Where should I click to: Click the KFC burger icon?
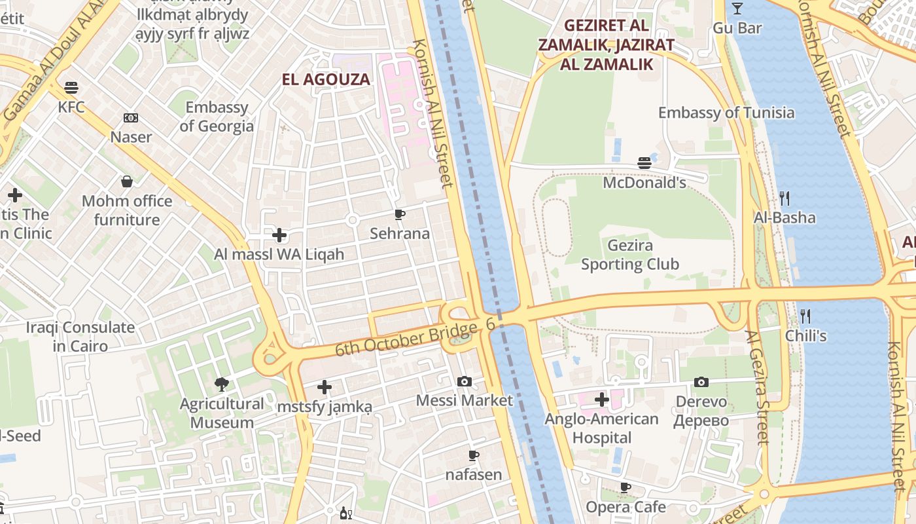tap(71, 88)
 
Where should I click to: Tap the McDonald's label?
tap(644, 182)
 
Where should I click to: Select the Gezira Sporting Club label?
tap(630, 255)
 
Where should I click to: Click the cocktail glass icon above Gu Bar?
tap(737, 9)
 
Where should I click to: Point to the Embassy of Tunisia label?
tap(726, 113)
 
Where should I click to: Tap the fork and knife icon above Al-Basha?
tap(784, 198)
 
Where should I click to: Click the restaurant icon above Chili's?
tap(805, 316)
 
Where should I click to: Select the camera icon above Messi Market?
tap(464, 381)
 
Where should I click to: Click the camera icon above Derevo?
tap(701, 382)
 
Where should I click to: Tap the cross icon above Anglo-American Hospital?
tap(601, 400)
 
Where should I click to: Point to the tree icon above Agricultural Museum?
tap(222, 384)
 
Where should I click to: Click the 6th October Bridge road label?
tap(406, 339)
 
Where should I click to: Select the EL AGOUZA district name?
tap(326, 80)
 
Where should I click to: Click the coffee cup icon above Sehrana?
tap(399, 214)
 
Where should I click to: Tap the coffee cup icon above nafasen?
tap(474, 455)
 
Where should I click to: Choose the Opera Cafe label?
tap(625, 507)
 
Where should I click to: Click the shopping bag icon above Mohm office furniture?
tap(127, 181)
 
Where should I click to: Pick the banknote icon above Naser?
tap(131, 119)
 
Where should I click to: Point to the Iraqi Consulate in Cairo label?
tap(80, 337)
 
